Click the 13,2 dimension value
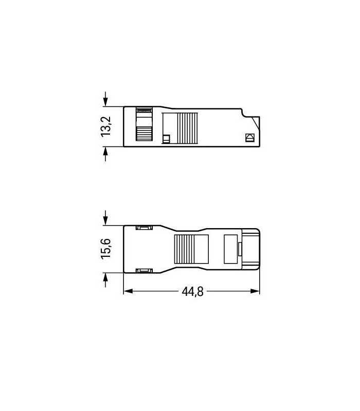click(x=106, y=126)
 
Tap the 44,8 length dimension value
click(x=192, y=292)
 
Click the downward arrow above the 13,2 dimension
click(x=106, y=99)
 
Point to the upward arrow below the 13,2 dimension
click(x=106, y=154)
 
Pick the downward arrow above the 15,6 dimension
click(x=106, y=218)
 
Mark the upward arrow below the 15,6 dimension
click(x=106, y=279)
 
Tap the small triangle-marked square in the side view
click(x=250, y=138)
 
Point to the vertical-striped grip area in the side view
click(x=188, y=128)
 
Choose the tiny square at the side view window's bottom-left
click(x=166, y=138)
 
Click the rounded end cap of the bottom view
click(x=251, y=249)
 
